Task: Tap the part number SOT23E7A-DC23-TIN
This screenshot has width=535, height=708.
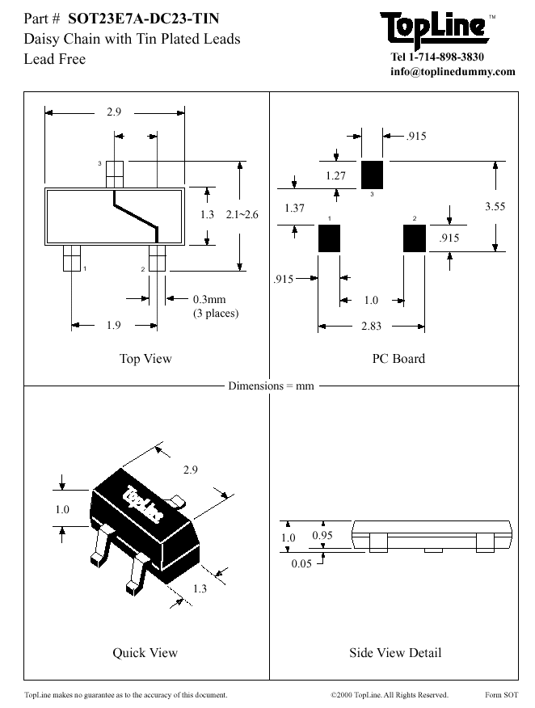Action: click(x=143, y=18)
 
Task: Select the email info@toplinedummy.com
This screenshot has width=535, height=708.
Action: click(x=452, y=71)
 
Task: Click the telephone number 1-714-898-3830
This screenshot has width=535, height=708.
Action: click(x=461, y=57)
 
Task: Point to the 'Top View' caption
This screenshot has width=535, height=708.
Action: click(x=145, y=359)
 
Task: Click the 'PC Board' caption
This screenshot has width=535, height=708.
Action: click(x=398, y=359)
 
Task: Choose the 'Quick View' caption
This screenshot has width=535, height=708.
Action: click(x=145, y=652)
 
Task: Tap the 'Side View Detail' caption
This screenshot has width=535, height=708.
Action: click(x=395, y=652)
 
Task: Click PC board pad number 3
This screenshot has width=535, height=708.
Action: click(x=372, y=173)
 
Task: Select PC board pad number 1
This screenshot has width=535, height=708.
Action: click(x=329, y=238)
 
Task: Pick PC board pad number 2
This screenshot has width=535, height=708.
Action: click(x=414, y=238)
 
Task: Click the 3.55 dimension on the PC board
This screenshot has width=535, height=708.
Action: click(x=495, y=207)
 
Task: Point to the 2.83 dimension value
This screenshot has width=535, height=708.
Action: click(x=371, y=327)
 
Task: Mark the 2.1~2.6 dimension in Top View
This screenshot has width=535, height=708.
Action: click(x=242, y=214)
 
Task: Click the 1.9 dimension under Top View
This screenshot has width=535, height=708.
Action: click(x=113, y=326)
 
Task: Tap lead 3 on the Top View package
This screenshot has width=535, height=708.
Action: click(x=115, y=171)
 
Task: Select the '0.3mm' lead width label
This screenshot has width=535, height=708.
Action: click(x=209, y=300)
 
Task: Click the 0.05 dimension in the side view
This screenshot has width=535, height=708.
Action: click(x=301, y=563)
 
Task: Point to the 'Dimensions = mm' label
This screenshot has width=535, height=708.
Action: click(x=271, y=386)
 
